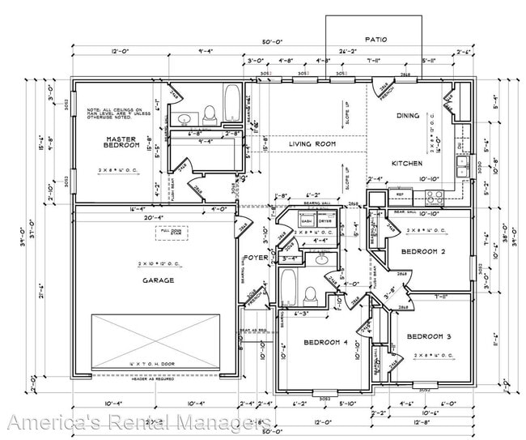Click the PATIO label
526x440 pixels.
coord(377,38)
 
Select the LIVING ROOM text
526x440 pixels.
coord(312,144)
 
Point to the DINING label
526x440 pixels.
coord(408,116)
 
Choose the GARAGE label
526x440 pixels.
coord(158,280)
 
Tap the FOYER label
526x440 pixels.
coord(256,258)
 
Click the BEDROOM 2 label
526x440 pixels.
coord(424,252)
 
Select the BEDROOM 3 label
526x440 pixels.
coord(429,336)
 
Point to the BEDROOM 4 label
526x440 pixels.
coord(325,343)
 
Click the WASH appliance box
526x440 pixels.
coord(307,220)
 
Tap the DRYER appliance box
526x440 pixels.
coord(325,220)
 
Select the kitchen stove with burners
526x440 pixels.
coord(431,194)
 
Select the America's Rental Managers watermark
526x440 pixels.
coord(138,423)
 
